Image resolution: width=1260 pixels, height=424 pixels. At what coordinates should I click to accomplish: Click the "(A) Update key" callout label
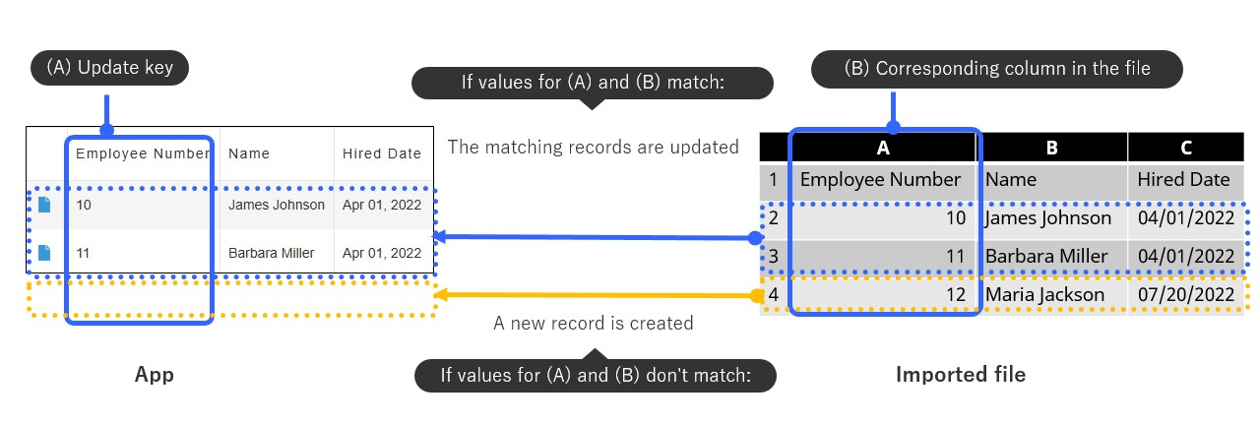[x=109, y=68]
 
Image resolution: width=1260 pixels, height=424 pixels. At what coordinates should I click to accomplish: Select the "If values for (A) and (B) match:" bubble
[x=593, y=83]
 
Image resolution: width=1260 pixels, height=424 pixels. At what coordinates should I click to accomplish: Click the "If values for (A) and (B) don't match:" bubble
[x=595, y=375]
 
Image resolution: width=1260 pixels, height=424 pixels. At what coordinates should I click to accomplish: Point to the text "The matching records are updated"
[x=593, y=147]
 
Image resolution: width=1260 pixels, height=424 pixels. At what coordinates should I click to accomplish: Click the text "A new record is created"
[x=593, y=323]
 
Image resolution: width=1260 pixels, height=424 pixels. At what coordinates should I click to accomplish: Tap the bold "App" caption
[x=155, y=375]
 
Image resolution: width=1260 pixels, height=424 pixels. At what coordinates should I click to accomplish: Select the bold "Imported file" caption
[x=960, y=375]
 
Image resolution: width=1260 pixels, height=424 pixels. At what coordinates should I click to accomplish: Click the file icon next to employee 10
[x=44, y=205]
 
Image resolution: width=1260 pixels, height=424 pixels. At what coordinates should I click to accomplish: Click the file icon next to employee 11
[x=44, y=253]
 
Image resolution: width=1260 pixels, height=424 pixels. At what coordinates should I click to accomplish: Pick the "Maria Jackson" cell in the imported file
[x=1044, y=294]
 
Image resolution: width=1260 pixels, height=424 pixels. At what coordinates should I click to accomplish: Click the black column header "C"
[x=1186, y=148]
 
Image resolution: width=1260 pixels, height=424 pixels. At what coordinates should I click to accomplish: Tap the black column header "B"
[x=1052, y=148]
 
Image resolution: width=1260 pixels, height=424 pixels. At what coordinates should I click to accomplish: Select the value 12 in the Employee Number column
[x=955, y=294]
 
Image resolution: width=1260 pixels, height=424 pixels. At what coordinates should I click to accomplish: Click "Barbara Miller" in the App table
[x=271, y=253]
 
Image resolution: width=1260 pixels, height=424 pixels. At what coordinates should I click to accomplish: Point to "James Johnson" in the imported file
[x=1047, y=217]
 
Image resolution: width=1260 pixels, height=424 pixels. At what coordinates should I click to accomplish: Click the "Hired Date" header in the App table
[x=381, y=153]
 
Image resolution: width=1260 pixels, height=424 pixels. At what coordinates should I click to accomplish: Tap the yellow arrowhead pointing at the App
[x=442, y=295]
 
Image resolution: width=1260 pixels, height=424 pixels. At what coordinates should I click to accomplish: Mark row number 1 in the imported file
[x=774, y=180]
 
